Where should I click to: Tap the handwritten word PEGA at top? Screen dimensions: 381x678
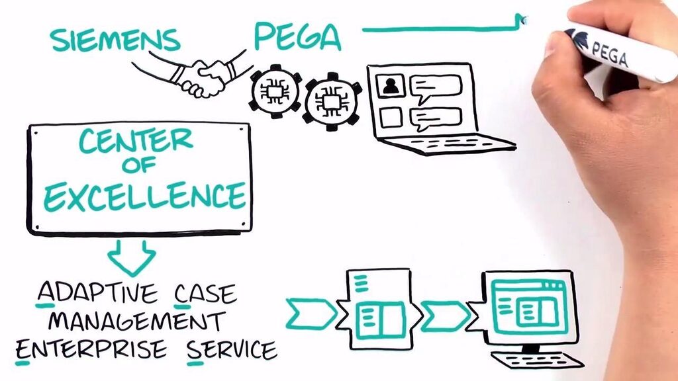(x=297, y=37)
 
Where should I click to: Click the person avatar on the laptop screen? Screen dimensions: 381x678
(x=391, y=85)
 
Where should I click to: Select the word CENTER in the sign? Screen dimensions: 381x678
(x=136, y=141)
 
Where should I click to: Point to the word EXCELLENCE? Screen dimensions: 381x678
(x=138, y=196)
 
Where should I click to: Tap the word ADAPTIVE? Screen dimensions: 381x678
(x=97, y=293)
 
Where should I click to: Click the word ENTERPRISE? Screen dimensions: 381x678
(x=91, y=349)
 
